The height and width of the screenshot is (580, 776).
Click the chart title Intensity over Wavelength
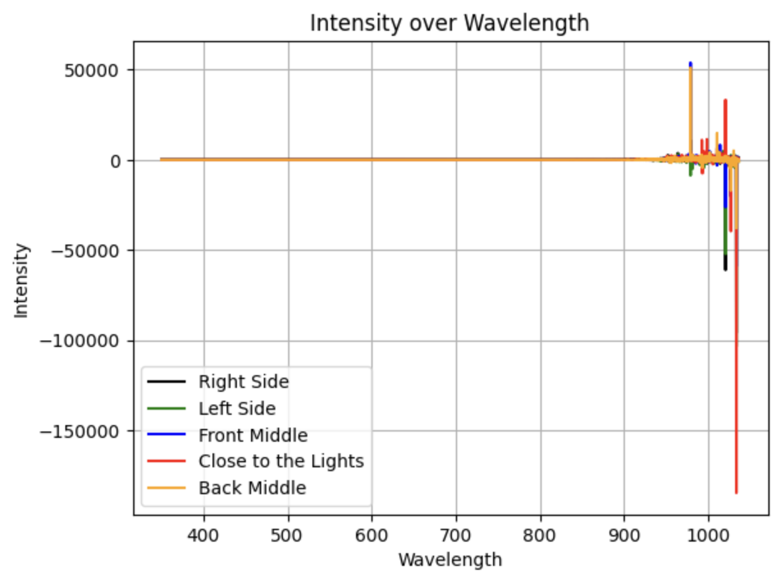point(449,23)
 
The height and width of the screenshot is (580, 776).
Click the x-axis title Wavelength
point(449,560)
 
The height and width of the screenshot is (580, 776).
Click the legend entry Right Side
point(243,382)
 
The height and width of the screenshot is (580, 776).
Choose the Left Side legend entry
point(237,408)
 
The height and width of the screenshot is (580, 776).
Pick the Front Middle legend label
point(253,435)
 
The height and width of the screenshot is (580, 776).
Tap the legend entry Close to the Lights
point(280,461)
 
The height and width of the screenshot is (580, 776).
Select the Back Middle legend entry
point(252,488)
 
